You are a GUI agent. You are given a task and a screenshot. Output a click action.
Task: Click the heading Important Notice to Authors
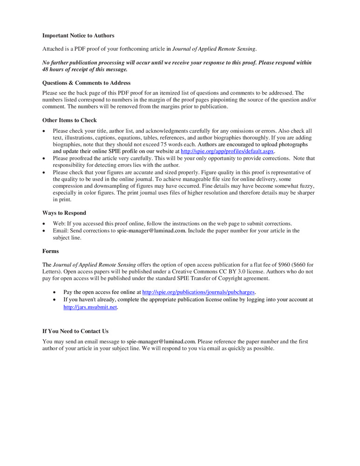(x=78, y=35)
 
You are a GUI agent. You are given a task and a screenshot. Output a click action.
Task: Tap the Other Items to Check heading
(x=69, y=120)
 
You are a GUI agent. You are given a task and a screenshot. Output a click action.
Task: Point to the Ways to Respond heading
(x=64, y=213)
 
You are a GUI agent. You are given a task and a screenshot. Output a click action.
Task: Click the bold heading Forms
(x=51, y=251)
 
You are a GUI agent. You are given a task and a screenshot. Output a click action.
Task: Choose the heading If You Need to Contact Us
(x=75, y=331)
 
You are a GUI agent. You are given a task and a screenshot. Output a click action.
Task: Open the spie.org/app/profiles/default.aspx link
(x=228, y=151)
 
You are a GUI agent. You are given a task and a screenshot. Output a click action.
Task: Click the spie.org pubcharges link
(x=199, y=292)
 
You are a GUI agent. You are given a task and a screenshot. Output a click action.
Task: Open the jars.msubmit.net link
(x=90, y=307)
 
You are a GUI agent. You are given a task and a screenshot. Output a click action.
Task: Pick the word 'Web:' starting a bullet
(x=59, y=224)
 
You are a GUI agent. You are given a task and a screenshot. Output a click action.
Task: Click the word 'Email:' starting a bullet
(x=61, y=231)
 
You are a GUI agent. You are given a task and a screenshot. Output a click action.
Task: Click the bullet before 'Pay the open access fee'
(x=55, y=292)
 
